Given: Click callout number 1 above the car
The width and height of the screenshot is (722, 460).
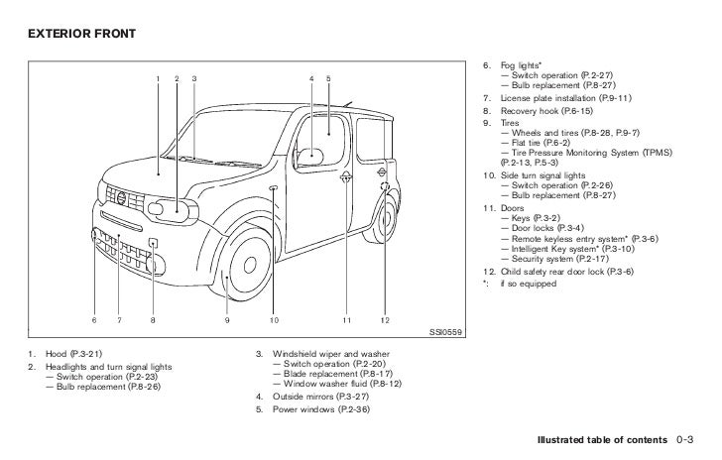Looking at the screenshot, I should click(158, 77).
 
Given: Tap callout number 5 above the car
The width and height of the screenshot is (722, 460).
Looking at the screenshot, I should click(328, 77).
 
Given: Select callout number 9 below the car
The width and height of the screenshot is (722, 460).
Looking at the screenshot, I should click(226, 319).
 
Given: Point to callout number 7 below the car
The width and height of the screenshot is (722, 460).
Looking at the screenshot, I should click(118, 319).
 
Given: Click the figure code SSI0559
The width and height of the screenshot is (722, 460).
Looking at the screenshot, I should click(446, 332).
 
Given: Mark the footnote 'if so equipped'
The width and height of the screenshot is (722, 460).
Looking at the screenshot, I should click(525, 284).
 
